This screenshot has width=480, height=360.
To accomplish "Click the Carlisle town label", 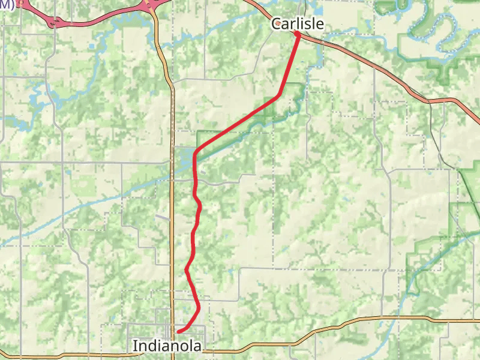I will click(298, 24).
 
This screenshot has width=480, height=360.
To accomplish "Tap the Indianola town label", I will click(167, 346).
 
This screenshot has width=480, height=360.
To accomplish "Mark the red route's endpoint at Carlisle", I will click(298, 34).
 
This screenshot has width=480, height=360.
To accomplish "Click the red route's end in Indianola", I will click(179, 331).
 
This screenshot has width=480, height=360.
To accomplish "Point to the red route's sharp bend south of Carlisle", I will click(278, 95).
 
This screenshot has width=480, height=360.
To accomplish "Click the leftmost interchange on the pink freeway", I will click(55, 22).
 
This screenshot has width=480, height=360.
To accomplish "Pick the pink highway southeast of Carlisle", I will click(384, 72).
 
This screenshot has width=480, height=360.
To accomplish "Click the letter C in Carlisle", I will click(277, 25).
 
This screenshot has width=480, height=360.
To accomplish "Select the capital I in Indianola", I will click(134, 346).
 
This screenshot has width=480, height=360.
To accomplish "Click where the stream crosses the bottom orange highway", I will click(393, 318).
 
